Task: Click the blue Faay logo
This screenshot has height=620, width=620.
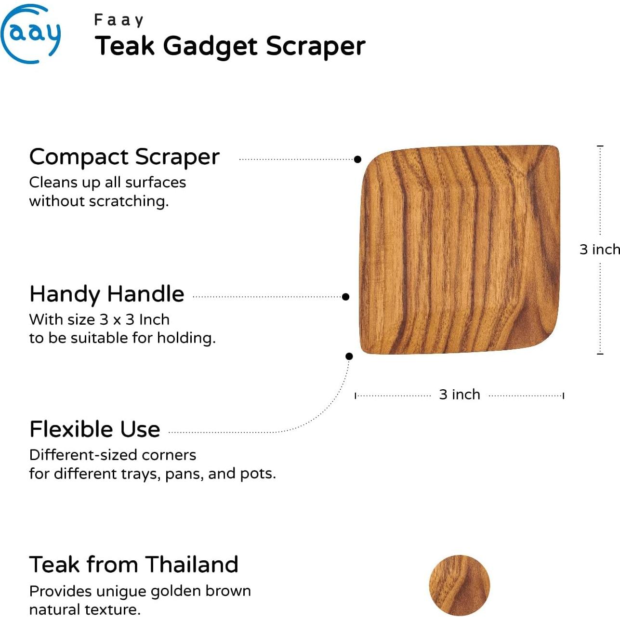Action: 30,34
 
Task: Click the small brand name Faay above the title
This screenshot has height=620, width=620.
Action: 119,20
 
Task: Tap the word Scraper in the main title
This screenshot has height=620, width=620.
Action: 316,46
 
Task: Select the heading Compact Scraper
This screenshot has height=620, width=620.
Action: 124,157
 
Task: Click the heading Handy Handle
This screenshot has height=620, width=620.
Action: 107,294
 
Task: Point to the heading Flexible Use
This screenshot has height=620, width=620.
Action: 95,429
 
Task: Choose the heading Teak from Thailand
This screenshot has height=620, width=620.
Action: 134,565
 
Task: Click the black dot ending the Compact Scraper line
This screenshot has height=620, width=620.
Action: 357,159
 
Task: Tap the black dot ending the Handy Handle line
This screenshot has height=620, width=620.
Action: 345,297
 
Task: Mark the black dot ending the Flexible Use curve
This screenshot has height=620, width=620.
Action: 349,356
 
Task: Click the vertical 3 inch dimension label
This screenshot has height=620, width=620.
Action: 599,250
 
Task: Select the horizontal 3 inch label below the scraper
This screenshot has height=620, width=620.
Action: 460,395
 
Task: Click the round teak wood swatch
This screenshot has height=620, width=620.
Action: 459,585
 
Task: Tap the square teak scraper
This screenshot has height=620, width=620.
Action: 460,250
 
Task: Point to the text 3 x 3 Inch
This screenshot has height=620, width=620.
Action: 134,319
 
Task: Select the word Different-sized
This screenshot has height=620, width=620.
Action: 79,455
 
